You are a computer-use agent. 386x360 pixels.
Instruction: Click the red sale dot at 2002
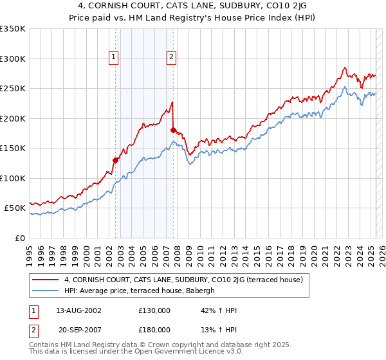coord(116,160)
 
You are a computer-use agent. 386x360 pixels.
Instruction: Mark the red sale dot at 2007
coord(173,130)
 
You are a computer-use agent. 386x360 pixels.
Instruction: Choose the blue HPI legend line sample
coord(46,290)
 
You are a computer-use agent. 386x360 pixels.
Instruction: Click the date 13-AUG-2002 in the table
coord(74,310)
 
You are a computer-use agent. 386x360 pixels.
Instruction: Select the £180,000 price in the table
coord(154,329)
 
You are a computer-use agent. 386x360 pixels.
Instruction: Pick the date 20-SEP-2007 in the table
coord(74,329)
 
